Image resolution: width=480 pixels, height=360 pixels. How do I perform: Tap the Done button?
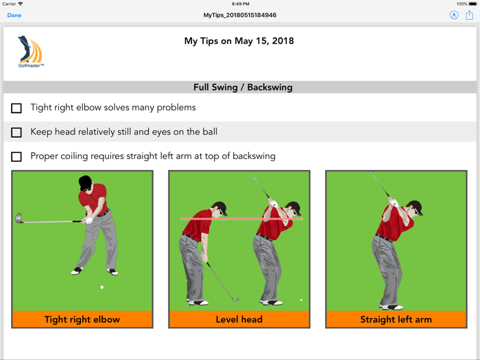coord(14,15)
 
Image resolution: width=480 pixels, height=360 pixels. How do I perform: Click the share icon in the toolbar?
coord(470,15)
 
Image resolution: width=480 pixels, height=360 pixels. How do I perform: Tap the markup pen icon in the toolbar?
coord(454,15)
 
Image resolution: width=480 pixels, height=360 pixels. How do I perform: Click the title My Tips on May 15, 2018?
coord(239,41)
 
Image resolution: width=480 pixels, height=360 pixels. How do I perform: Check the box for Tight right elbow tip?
coord(16,108)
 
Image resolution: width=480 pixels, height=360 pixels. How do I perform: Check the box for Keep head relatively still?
coord(16,132)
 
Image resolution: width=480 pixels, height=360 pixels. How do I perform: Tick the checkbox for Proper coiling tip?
coord(16,157)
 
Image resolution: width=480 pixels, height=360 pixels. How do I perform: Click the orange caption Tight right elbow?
coord(82,320)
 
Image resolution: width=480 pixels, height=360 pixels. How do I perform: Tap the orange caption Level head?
coord(239,320)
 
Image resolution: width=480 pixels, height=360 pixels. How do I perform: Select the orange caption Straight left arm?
coord(396,320)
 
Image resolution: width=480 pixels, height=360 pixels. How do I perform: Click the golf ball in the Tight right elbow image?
coord(102,287)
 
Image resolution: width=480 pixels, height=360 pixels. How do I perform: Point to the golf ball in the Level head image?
coord(301,300)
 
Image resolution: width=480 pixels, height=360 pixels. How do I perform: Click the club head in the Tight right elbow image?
coord(19,219)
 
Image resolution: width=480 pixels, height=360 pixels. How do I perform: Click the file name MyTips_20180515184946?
coord(240,15)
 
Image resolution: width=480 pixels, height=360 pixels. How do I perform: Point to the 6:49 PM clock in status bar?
coord(240,4)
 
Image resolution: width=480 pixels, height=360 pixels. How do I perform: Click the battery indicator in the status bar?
coord(471,4)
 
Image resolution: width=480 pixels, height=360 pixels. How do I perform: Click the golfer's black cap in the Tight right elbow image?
coord(85,182)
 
